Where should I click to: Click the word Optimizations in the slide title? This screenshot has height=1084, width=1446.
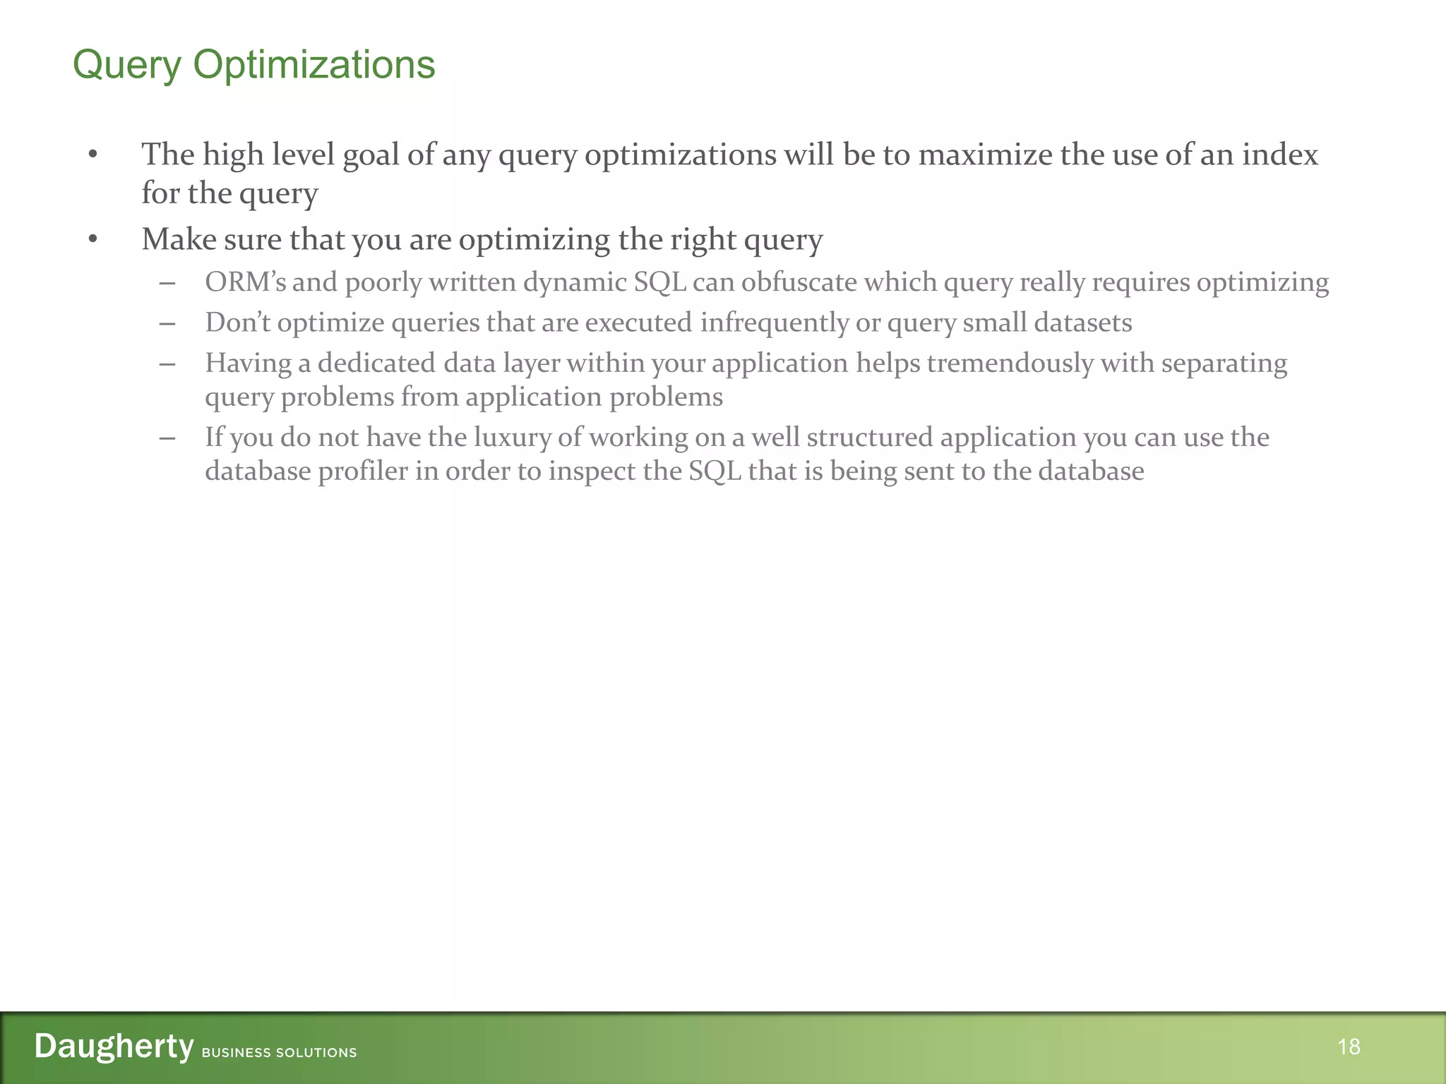(313, 66)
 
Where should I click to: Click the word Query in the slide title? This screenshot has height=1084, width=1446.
(127, 66)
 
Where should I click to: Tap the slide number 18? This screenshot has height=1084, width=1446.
(1349, 1047)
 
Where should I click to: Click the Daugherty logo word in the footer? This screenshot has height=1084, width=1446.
(114, 1046)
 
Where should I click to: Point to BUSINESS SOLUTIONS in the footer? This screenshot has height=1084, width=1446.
(279, 1053)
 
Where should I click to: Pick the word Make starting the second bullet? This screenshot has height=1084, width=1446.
(179, 240)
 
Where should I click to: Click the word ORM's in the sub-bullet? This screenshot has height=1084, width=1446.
(245, 282)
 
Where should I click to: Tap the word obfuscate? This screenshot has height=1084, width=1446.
(799, 282)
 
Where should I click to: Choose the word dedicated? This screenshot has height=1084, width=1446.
(376, 363)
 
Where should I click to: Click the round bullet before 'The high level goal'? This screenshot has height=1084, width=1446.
(92, 155)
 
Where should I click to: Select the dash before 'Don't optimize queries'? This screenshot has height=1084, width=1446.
(167, 323)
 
